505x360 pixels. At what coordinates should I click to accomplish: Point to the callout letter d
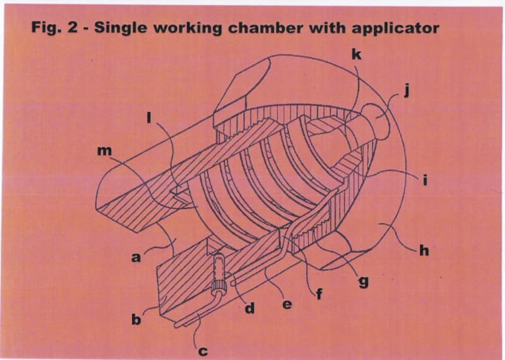coord(249,309)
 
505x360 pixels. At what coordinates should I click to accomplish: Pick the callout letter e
coord(287,304)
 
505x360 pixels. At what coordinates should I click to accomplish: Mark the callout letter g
coord(363,281)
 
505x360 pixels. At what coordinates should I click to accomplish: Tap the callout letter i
coord(425,181)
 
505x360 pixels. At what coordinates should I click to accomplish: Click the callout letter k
coord(357,55)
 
